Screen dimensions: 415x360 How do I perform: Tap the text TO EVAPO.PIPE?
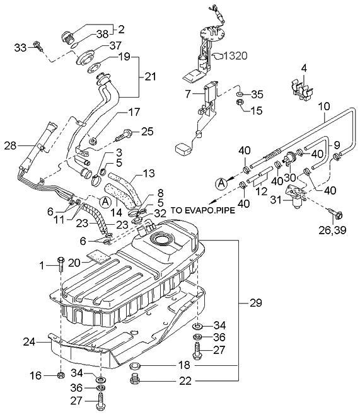(x=201, y=212)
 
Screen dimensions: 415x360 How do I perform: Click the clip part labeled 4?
(x=302, y=91)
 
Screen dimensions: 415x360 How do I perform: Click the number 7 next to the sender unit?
(x=188, y=93)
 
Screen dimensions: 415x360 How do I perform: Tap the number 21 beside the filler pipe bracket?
(x=149, y=77)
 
